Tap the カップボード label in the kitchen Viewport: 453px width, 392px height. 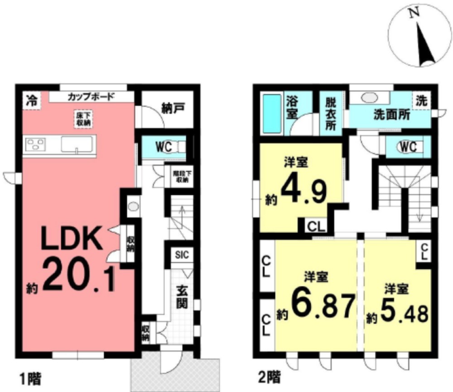[91, 97]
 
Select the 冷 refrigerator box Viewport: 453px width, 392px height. [32, 101]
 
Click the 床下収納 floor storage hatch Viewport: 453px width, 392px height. [83, 119]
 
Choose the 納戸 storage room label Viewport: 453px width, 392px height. [173, 108]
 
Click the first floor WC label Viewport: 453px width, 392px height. [164, 147]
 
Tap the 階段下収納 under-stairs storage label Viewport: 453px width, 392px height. [181, 177]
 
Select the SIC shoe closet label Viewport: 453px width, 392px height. [182, 255]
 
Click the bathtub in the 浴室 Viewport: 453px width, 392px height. [272, 114]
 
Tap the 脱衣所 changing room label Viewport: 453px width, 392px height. [331, 114]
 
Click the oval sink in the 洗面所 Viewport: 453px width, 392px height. [370, 97]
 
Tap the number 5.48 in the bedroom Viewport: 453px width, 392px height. [404, 313]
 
